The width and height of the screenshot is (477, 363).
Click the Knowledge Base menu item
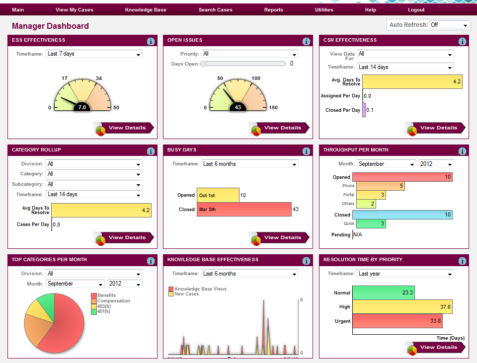146,10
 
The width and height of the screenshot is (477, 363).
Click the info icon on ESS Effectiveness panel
151,42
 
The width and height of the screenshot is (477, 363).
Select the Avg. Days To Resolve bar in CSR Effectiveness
412,82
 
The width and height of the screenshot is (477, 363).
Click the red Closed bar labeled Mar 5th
244,210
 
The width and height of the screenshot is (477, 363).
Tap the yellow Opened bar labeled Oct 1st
218,196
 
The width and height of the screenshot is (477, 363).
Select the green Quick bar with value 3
371,224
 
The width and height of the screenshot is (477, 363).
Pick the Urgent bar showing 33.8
397,321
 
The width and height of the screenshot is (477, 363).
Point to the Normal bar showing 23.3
383,293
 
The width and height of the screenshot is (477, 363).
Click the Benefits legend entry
106,295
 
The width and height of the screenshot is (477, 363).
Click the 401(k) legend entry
104,311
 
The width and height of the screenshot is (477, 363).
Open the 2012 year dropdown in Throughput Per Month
436,164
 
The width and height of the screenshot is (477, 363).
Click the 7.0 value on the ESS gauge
82,107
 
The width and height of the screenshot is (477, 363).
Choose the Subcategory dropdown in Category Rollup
93,184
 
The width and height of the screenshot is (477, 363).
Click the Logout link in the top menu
416,10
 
